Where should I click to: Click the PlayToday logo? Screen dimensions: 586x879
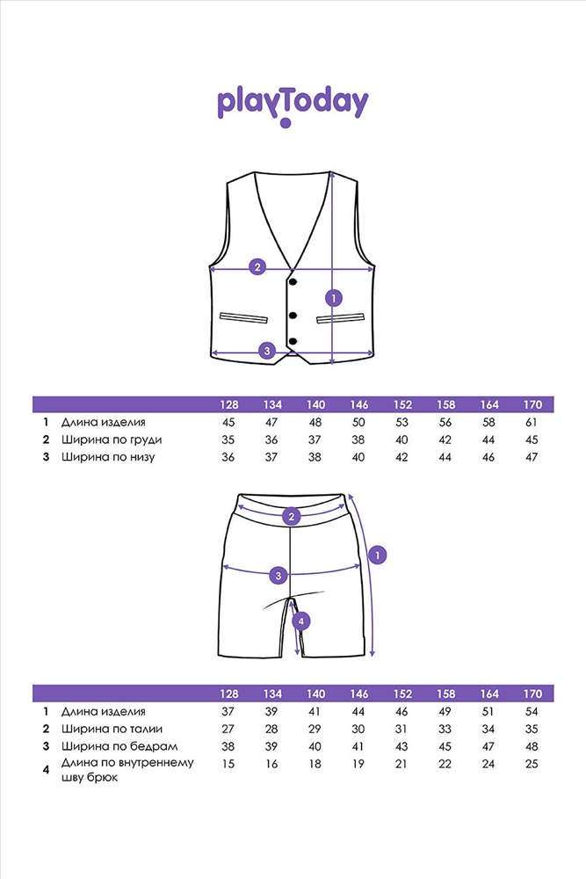coord(293,105)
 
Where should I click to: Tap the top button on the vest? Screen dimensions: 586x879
coord(293,281)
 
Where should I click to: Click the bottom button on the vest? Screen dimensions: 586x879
coord(293,341)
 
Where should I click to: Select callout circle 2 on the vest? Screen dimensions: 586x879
coord(257,267)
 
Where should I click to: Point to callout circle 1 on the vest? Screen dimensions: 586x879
coord(334,298)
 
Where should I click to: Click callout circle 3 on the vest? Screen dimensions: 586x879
coord(267,351)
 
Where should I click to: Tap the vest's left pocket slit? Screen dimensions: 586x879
coord(243,318)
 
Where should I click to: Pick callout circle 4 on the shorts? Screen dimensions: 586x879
coord(301,621)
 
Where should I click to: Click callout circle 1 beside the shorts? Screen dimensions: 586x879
coord(378,556)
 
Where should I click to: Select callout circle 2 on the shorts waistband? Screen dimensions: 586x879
coord(291,517)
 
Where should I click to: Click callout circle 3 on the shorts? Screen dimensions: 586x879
coord(279,575)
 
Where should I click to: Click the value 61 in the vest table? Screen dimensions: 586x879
coord(532,422)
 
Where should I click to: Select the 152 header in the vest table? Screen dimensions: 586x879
coord(402,404)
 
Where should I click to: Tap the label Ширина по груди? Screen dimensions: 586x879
coord(112,440)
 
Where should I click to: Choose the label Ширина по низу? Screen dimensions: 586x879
coord(108,457)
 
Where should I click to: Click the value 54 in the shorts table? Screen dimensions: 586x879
coord(532,711)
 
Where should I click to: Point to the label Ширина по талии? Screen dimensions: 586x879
coord(112,729)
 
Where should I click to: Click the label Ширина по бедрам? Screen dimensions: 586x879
coord(119,746)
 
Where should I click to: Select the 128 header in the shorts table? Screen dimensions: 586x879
coord(228,694)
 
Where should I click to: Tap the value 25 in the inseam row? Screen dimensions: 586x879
coord(532,764)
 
